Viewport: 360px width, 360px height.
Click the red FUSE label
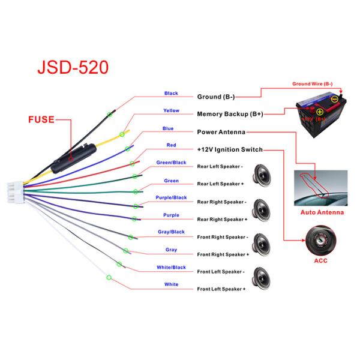click(x=41, y=119)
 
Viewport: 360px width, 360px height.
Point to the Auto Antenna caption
click(x=322, y=212)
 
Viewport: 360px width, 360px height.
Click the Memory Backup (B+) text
click(x=230, y=113)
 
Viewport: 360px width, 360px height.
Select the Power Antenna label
click(x=221, y=131)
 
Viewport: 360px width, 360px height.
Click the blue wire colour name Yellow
click(x=171, y=110)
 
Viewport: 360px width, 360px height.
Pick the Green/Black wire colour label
click(x=171, y=163)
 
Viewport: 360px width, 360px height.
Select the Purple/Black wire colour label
click(x=171, y=197)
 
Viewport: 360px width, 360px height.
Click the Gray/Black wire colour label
click(x=171, y=232)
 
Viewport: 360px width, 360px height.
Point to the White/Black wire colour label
click(x=171, y=267)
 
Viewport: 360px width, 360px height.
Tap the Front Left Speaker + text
click(x=221, y=289)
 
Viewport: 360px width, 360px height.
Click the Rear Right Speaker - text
click(x=221, y=202)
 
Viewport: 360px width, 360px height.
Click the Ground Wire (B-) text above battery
click(x=313, y=85)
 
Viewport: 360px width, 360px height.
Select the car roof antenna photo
click(x=322, y=187)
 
